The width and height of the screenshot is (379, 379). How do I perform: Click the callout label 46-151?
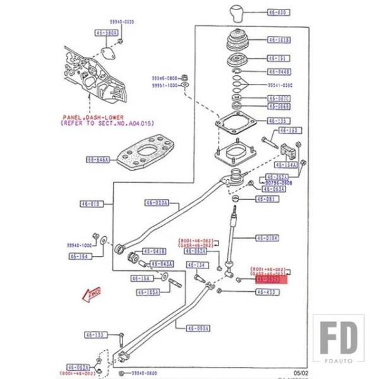click(278, 58)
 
